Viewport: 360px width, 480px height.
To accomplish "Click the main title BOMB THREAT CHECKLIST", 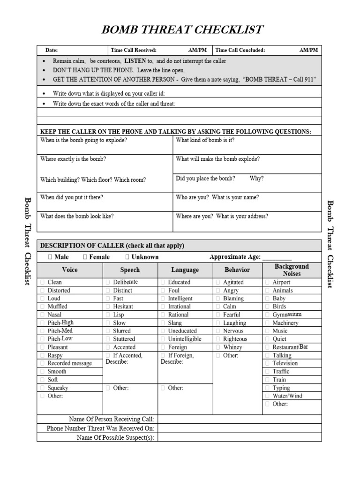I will [182, 30].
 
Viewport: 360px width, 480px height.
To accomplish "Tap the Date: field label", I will [52, 50].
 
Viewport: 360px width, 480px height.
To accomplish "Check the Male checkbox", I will [50, 257].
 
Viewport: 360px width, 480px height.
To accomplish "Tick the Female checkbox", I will [85, 257].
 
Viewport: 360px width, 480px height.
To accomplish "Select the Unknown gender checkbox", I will [127, 257].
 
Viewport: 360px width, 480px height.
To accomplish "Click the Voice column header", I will [70, 270].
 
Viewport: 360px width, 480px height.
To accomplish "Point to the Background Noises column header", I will [292, 270].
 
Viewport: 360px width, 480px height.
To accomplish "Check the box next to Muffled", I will [43, 307].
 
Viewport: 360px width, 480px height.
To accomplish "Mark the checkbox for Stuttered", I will [108, 339].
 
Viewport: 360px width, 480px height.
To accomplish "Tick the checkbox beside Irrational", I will [163, 307].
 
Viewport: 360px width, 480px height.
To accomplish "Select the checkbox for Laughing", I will [218, 323].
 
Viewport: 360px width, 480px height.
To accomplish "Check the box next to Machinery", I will [267, 323].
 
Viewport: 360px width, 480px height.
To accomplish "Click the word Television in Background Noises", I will [285, 363].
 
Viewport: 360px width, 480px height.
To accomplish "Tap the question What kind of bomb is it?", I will [205, 140].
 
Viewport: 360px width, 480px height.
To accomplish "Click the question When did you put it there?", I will [72, 197].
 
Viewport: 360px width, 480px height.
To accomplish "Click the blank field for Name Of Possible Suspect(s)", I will [240, 437].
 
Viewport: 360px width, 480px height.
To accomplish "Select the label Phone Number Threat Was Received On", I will [100, 428].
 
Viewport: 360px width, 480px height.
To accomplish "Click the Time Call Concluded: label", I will [240, 50].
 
